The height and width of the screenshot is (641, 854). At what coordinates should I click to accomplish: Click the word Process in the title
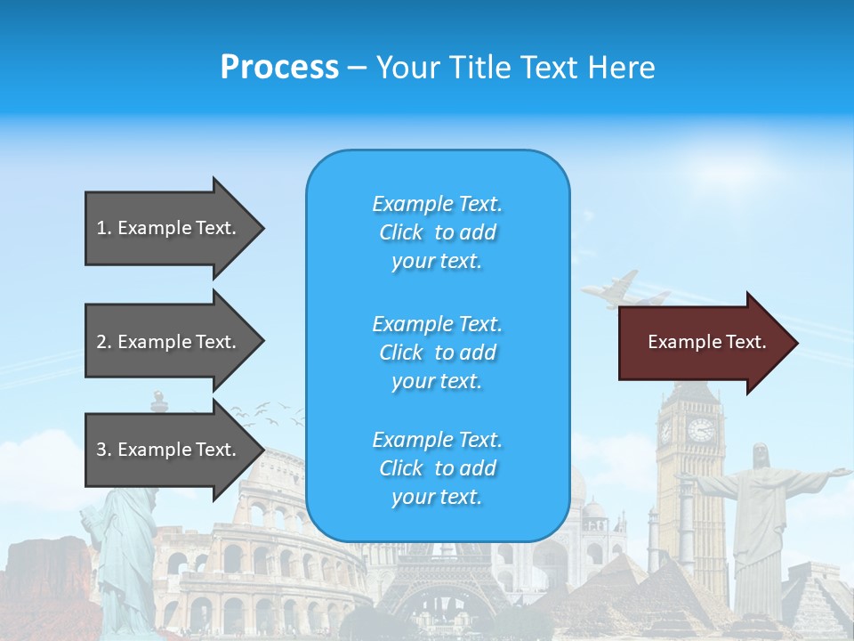click(279, 68)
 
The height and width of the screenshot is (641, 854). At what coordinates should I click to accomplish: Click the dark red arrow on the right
click(707, 343)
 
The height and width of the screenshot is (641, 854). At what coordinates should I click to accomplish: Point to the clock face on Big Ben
click(700, 430)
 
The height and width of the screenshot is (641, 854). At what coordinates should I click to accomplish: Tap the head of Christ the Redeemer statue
click(761, 455)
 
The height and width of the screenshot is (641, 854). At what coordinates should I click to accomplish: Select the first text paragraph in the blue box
click(438, 232)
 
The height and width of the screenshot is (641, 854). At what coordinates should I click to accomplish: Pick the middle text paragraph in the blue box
click(438, 353)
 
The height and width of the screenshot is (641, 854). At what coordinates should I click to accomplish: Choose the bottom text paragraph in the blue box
click(438, 468)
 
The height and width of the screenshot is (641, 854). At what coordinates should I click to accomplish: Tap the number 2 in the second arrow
click(101, 342)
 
